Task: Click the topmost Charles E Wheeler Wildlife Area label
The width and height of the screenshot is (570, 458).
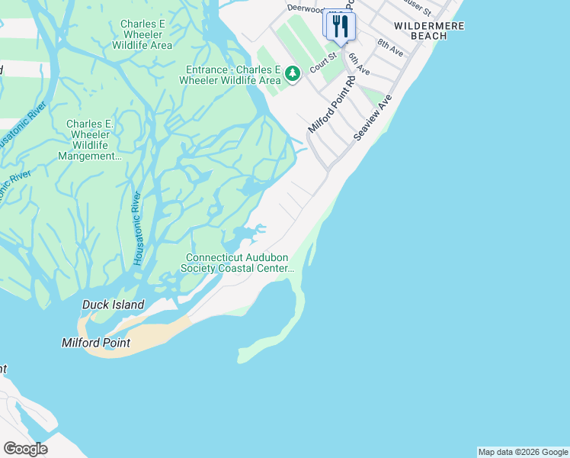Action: click(x=142, y=34)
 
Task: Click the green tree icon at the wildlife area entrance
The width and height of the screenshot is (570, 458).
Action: click(x=293, y=75)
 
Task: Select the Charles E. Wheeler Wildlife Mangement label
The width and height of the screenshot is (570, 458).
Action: click(x=90, y=140)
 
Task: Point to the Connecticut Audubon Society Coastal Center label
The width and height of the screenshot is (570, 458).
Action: click(x=237, y=263)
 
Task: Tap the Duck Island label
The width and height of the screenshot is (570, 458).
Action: click(x=113, y=305)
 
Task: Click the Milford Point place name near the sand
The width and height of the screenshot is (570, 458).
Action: click(x=95, y=343)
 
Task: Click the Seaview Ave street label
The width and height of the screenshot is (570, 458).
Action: click(x=373, y=117)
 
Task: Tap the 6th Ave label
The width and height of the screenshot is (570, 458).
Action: click(x=358, y=63)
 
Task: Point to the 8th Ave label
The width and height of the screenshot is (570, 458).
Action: click(x=389, y=47)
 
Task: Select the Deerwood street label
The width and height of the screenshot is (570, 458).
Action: click(x=306, y=8)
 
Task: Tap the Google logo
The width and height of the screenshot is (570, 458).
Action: click(x=25, y=448)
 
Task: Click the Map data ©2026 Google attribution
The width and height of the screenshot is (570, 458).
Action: click(x=523, y=452)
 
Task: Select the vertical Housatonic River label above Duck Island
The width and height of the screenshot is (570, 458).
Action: click(x=138, y=227)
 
